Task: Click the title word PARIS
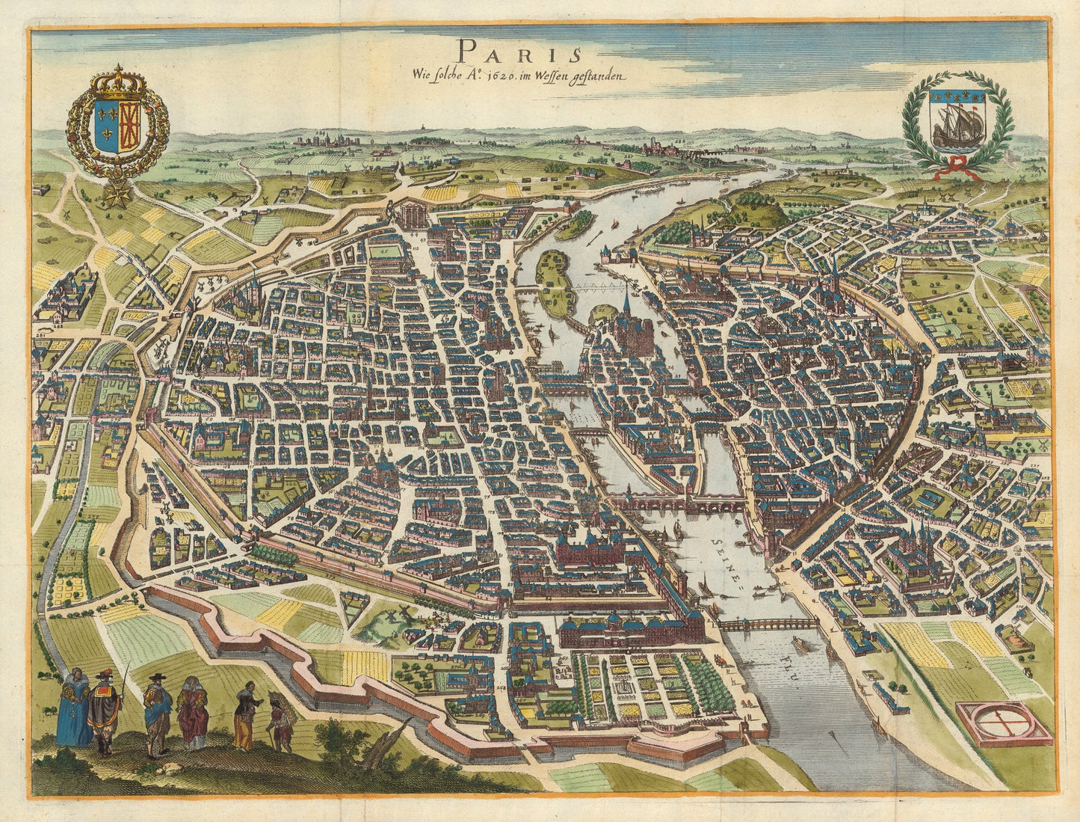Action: tap(519, 51)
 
